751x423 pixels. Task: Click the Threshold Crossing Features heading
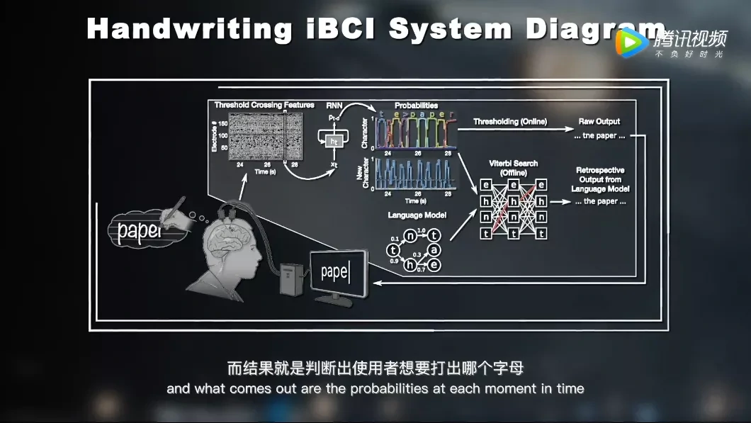pos(264,105)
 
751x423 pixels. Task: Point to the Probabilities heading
pos(416,105)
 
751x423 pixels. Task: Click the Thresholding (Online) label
pos(510,121)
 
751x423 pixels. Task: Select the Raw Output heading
pos(599,121)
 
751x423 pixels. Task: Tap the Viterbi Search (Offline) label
pos(514,168)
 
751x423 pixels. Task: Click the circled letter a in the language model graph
pos(434,250)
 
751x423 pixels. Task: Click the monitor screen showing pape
pos(339,273)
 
